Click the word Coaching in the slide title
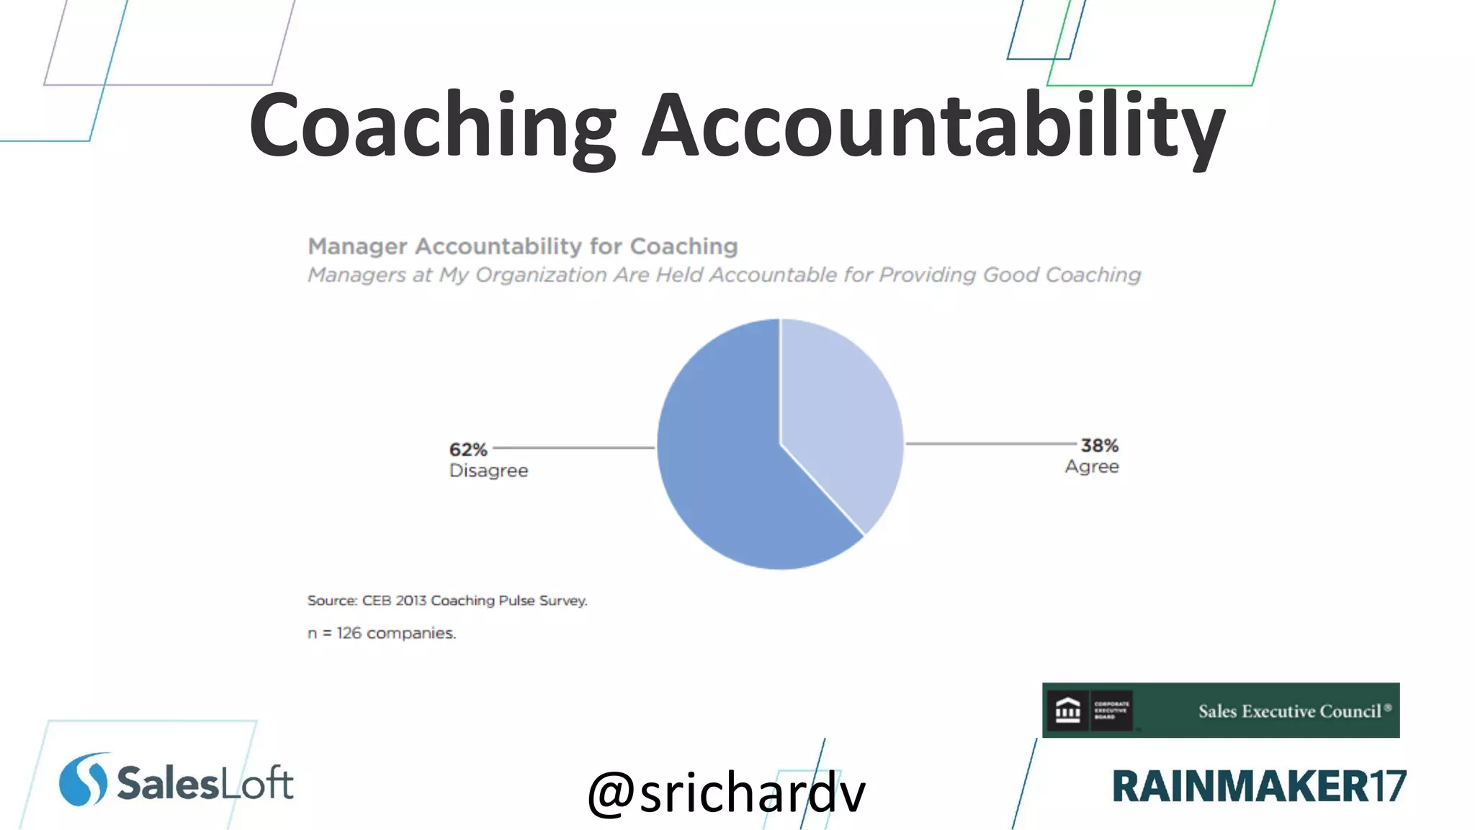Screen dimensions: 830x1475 click(432, 126)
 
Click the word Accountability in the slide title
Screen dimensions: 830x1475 click(933, 126)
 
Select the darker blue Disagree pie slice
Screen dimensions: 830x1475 click(727, 468)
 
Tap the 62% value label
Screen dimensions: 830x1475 click(468, 450)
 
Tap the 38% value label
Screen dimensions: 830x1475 click(1099, 446)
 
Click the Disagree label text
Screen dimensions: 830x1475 click(488, 470)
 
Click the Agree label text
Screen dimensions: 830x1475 click(1092, 467)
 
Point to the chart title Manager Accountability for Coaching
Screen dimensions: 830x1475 click(523, 246)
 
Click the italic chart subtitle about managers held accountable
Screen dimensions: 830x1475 click(724, 275)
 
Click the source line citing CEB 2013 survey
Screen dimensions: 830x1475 click(447, 600)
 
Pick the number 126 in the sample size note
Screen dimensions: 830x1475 click(349, 633)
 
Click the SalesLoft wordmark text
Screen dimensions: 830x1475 click(205, 783)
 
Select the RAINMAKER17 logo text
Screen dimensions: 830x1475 click(1259, 786)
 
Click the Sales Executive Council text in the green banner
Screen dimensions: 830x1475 click(1289, 711)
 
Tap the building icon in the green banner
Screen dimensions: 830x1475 click(1067, 710)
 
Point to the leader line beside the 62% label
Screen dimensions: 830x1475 click(573, 447)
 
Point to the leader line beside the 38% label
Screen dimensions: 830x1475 click(991, 444)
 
